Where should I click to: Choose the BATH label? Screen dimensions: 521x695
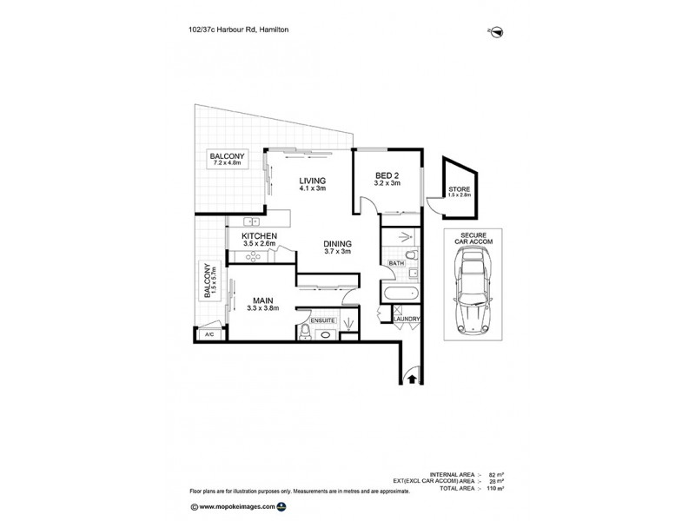[396, 263]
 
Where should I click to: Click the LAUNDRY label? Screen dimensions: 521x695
[407, 320]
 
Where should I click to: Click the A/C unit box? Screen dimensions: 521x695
[208, 334]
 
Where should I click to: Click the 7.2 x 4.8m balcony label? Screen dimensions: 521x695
[228, 158]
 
